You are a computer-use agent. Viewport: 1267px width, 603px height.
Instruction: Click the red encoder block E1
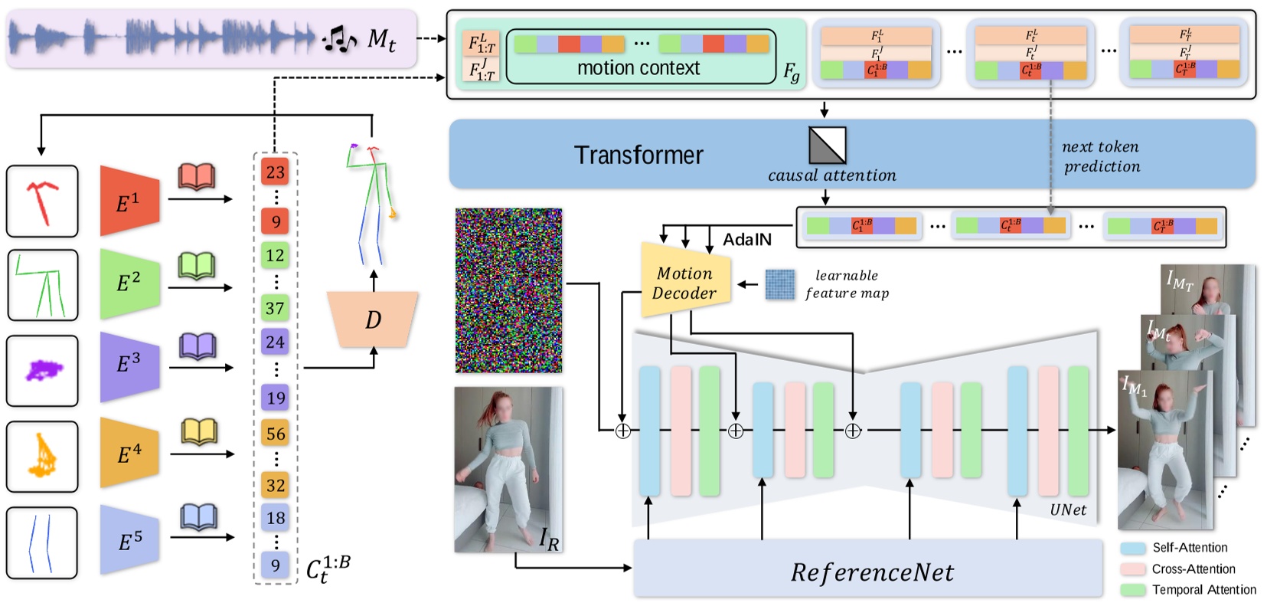(129, 201)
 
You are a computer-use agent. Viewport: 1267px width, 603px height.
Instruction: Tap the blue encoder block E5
(129, 541)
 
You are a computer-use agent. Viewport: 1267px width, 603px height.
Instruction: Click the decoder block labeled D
(373, 319)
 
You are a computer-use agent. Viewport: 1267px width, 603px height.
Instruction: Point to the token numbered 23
(275, 172)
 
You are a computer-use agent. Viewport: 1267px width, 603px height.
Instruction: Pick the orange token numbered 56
(276, 434)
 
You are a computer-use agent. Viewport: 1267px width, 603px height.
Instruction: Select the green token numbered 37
(276, 308)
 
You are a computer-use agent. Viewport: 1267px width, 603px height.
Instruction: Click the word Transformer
(638, 156)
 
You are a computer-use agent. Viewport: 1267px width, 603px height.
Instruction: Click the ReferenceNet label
(872, 572)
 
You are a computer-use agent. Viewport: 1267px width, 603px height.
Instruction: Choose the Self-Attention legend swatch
(1133, 549)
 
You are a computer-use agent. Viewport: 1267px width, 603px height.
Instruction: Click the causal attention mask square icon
(828, 146)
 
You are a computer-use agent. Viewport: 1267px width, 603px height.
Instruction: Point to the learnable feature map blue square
(780, 284)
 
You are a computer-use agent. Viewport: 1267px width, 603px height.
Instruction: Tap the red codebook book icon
(197, 177)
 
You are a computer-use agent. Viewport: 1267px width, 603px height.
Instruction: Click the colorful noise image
(508, 290)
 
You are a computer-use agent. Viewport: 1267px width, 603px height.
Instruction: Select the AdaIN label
(747, 240)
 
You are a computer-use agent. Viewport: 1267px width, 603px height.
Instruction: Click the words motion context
(638, 68)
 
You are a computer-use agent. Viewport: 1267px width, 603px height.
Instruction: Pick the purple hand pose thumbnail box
(42, 371)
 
